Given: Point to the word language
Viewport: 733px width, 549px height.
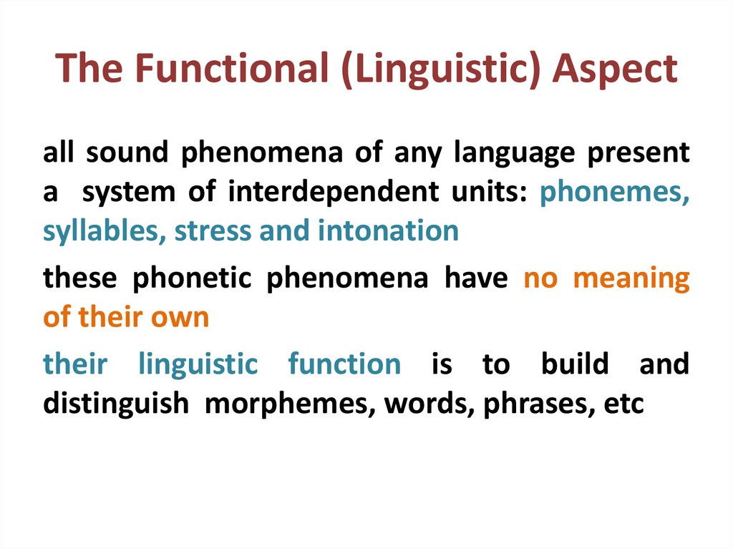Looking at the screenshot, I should click(x=515, y=155).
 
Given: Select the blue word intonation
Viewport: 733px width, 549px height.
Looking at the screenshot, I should click(x=387, y=231).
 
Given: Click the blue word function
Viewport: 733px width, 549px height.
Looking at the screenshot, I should click(x=344, y=364).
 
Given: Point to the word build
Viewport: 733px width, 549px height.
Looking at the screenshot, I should click(x=574, y=364).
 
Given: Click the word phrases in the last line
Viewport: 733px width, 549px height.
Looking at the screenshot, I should click(x=531, y=404).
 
